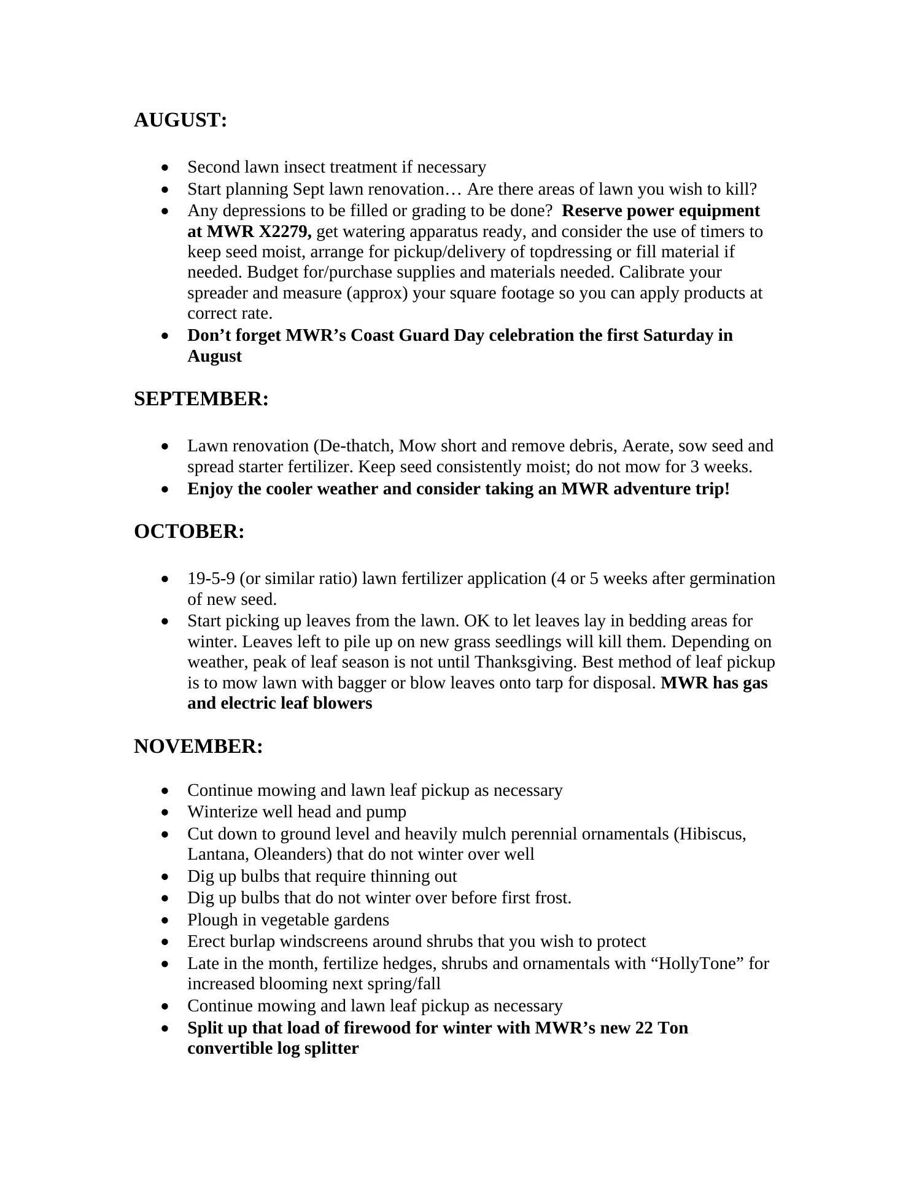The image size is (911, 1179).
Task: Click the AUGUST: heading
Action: [x=180, y=120]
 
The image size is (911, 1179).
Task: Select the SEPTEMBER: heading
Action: [x=201, y=399]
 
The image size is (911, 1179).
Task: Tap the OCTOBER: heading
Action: [x=189, y=532]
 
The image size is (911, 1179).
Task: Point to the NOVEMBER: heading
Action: [x=198, y=747]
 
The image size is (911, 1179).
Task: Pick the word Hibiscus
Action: [x=712, y=835]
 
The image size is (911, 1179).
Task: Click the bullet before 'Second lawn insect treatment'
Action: [x=165, y=168]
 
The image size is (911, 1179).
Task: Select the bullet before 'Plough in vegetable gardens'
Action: [x=165, y=920]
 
